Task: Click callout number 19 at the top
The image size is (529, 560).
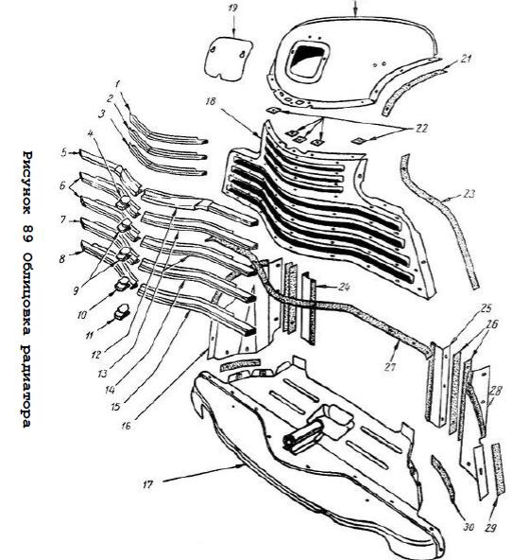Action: click(232, 8)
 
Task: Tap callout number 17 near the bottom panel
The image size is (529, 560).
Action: click(147, 484)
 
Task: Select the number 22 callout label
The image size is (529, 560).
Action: click(421, 129)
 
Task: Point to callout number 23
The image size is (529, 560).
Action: click(469, 194)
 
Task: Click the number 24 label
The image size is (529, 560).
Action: click(344, 287)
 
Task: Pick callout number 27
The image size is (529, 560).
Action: click(389, 367)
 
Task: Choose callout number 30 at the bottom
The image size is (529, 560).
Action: click(469, 527)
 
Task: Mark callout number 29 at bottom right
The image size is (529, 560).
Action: click(491, 528)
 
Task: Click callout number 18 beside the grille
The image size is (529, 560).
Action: click(211, 101)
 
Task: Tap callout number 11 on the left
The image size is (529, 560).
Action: click(90, 336)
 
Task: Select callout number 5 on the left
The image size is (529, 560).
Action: click(64, 152)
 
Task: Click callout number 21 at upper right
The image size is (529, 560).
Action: click(466, 59)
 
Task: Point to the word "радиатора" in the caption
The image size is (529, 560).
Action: click(26, 387)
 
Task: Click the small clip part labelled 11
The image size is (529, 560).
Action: click(122, 311)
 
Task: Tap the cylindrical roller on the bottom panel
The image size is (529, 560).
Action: click(302, 437)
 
